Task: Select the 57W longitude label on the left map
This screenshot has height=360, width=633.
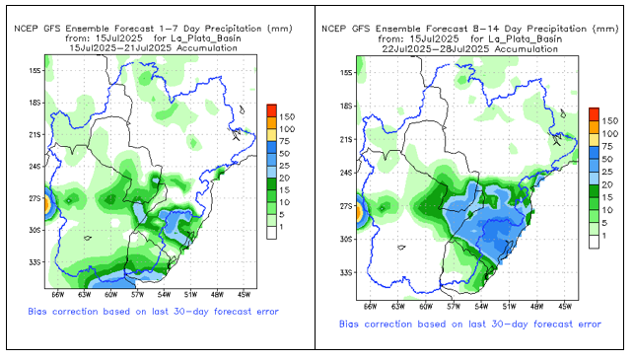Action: point(138,295)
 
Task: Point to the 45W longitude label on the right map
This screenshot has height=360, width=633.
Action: point(565,307)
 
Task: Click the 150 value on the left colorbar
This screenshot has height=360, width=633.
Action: point(287,117)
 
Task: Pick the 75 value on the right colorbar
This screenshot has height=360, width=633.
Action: point(607,147)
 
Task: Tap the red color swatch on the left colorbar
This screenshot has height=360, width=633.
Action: point(272,110)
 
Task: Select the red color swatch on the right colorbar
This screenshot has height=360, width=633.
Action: point(594,114)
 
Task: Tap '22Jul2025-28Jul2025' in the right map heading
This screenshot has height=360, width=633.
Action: point(436,49)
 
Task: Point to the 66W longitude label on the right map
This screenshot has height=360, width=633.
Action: point(370,307)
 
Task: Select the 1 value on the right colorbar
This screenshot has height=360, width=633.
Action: point(604,236)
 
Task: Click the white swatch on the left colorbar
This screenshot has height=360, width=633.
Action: point(272,233)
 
